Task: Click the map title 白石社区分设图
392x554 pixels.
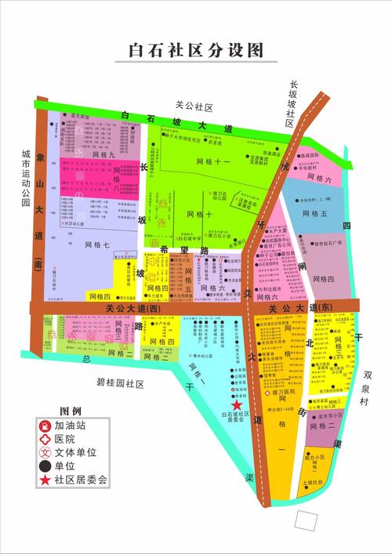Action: pyautogui.click(x=195, y=51)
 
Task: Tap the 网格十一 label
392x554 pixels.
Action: pyautogui.click(x=212, y=161)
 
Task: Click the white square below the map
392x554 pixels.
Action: pyautogui.click(x=308, y=519)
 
